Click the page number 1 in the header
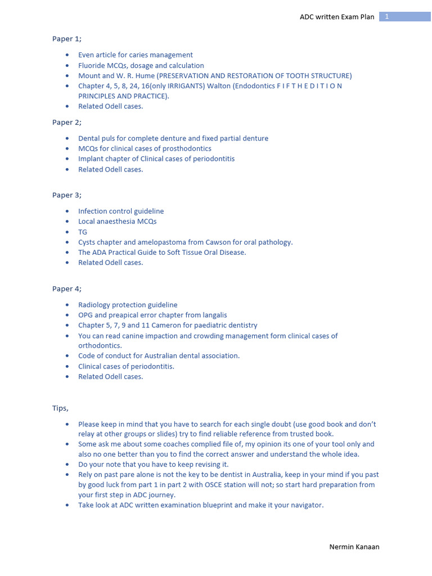coord(387,17)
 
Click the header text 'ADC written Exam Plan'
coord(336,17)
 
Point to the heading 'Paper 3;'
coord(66,195)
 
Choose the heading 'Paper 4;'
coord(66,289)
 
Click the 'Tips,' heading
coord(60,408)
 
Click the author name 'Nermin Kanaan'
coord(354,547)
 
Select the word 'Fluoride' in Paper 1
coord(92,65)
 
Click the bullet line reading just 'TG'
coord(83,232)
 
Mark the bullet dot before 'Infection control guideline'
coord(67,211)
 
